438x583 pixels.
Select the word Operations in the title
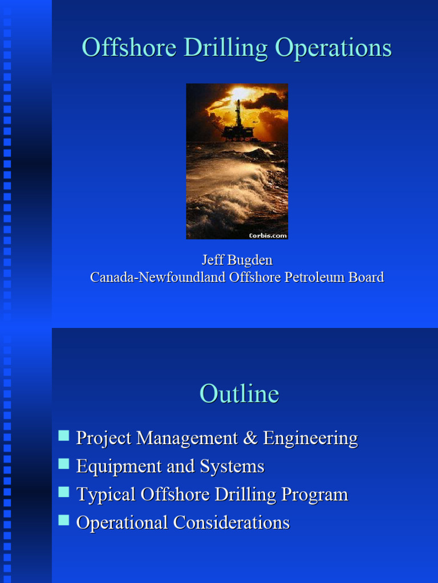tap(333, 48)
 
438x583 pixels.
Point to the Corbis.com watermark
tap(267, 235)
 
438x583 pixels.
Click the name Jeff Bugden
tap(237, 260)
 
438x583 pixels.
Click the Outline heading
tap(239, 394)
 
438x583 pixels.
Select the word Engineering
tap(310, 438)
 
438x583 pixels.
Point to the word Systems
tap(232, 466)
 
